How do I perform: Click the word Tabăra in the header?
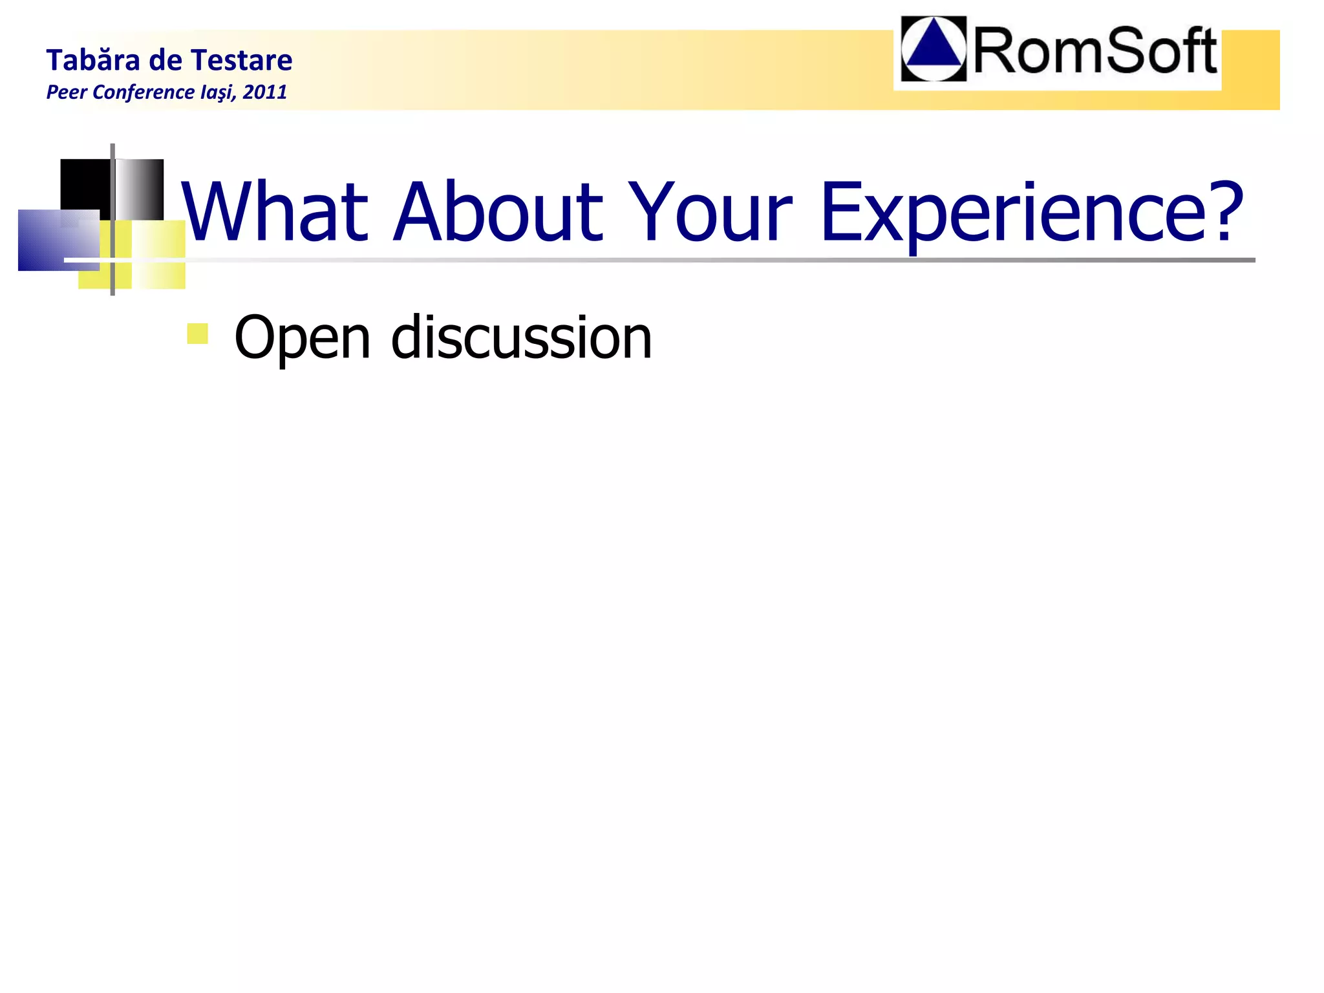[93, 61]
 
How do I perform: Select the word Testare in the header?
[242, 61]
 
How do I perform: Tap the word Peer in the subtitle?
[67, 92]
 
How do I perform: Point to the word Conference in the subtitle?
[144, 92]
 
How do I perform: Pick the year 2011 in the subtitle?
[265, 92]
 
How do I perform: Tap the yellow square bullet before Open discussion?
[197, 334]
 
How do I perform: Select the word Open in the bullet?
[302, 339]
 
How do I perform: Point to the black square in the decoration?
[84, 184]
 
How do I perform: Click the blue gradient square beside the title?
[57, 240]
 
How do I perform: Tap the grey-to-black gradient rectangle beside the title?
[140, 189]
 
